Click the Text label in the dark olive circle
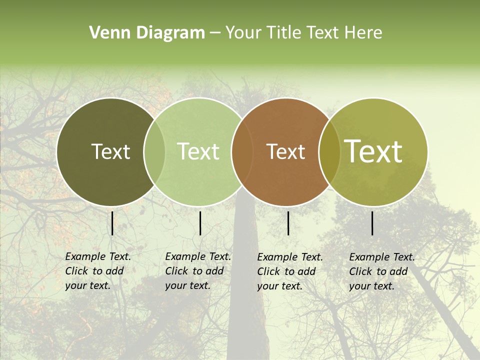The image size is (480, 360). [110, 151]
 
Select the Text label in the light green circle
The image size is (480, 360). [198, 151]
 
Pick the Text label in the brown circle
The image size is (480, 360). [285, 152]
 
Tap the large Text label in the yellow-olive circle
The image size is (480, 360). [373, 151]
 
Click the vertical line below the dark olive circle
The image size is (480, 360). [112, 223]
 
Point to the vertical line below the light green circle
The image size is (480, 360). [200, 223]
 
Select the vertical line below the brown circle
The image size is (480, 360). [288, 223]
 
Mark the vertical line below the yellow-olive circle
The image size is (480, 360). [372, 223]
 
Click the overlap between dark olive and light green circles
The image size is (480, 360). [154, 152]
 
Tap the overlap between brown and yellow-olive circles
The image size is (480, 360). [329, 152]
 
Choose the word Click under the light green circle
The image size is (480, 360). [176, 271]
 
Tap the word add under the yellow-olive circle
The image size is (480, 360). [398, 271]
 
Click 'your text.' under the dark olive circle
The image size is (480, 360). [87, 285]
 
